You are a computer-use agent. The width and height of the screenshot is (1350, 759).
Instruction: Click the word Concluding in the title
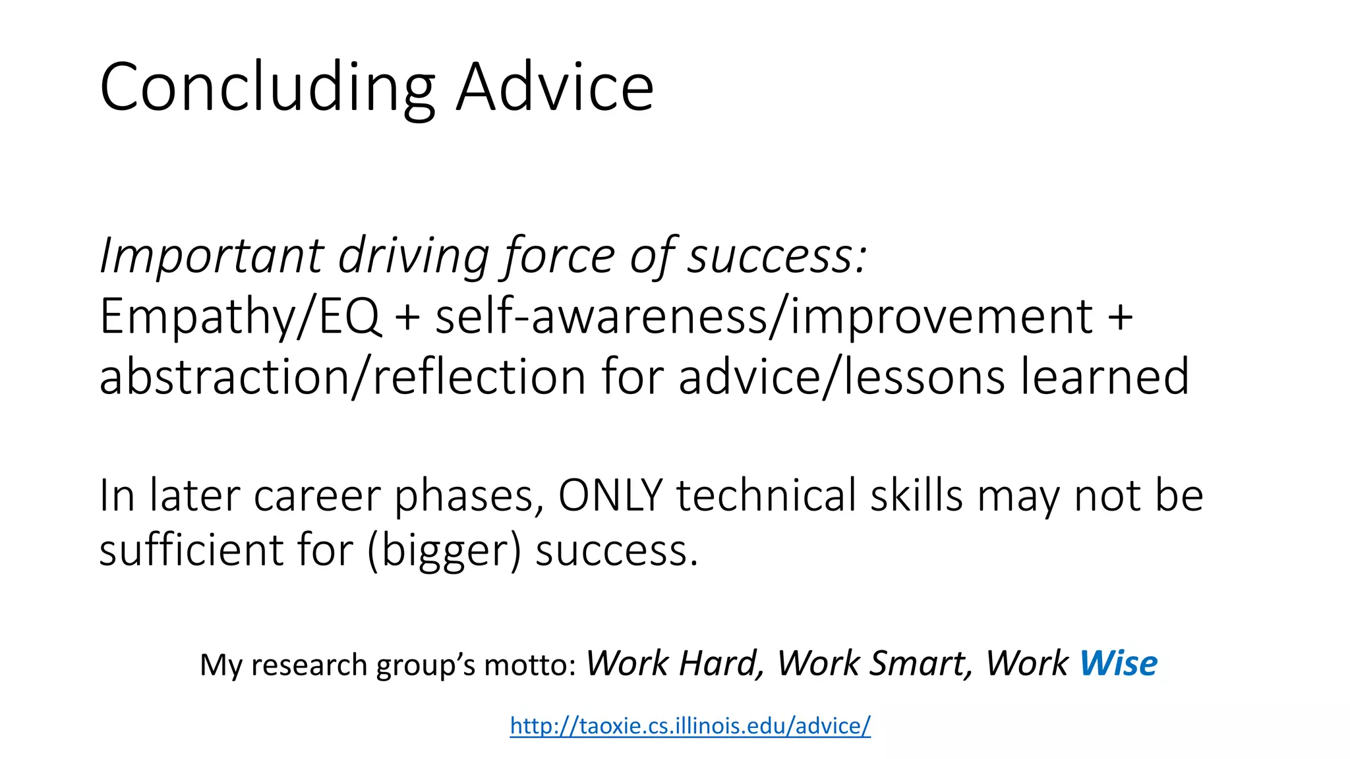(267, 88)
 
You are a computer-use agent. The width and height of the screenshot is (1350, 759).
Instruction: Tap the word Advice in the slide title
(555, 88)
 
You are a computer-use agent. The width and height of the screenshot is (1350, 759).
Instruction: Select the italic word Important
(212, 256)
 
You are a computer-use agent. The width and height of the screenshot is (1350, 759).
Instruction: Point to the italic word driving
(413, 256)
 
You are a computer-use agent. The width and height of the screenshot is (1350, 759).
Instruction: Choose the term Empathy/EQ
(240, 317)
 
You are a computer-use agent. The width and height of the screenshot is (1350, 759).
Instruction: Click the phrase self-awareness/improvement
(764, 317)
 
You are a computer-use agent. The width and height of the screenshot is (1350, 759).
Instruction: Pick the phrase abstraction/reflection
(342, 377)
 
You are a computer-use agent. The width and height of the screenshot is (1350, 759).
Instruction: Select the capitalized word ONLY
(610, 495)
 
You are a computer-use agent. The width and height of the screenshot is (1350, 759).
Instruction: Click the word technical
(766, 495)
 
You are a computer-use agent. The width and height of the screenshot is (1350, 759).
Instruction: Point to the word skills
(916, 495)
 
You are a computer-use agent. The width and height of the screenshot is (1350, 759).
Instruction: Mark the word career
(317, 495)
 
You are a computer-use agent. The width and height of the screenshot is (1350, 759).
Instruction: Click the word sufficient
(191, 550)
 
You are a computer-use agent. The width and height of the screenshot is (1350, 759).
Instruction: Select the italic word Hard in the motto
(721, 663)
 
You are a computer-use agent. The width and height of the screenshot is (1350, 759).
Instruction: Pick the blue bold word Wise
(1118, 663)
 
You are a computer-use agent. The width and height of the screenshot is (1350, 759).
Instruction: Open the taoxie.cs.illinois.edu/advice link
(690, 725)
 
